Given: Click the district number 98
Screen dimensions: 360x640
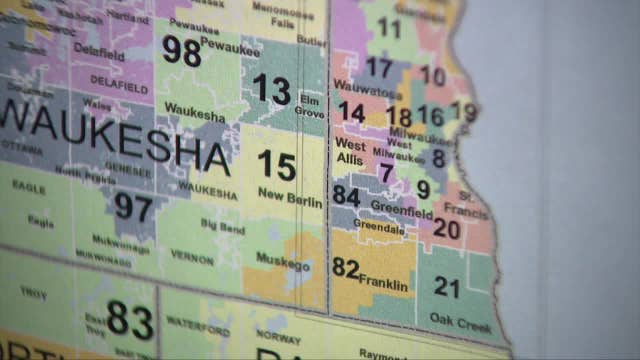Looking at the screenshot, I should [181, 52].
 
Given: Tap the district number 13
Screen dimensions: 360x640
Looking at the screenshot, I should [270, 89].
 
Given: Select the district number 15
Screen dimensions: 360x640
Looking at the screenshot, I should [276, 164].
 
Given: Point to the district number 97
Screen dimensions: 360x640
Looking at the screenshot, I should [132, 206].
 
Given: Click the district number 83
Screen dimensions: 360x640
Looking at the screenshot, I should [130, 320].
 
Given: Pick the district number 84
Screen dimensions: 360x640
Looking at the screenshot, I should [346, 195].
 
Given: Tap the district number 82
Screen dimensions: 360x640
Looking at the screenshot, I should [345, 268].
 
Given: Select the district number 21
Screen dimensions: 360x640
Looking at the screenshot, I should [446, 288].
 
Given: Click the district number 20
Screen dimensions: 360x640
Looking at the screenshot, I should [446, 229].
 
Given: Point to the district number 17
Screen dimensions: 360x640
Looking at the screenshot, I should [379, 68].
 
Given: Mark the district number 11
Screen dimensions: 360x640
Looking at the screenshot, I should [389, 27].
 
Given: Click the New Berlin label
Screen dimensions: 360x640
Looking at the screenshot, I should [290, 199].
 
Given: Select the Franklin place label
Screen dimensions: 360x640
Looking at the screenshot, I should [383, 283].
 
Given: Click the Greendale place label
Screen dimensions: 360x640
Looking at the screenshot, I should [379, 228].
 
